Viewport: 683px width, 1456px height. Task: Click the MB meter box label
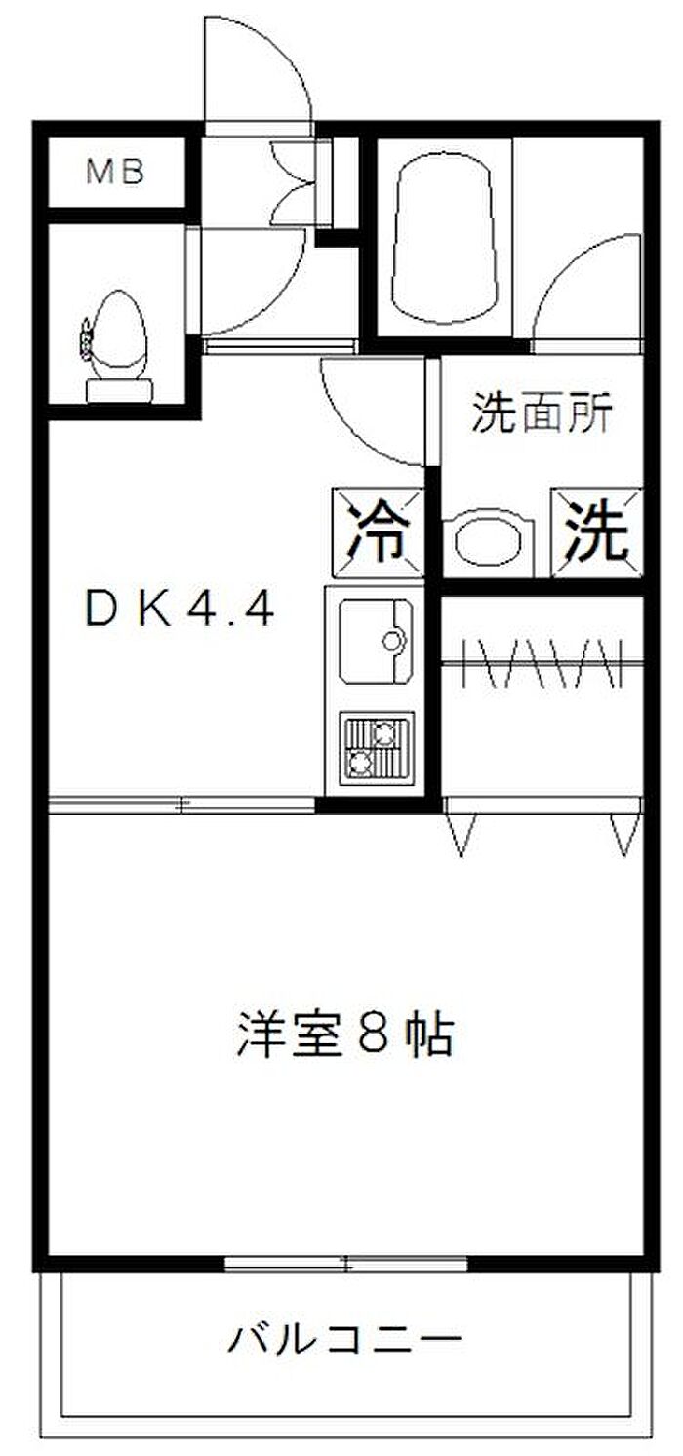click(x=115, y=174)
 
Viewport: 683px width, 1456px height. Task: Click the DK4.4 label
click(x=181, y=611)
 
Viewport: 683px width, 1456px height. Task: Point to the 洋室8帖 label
click(x=343, y=1036)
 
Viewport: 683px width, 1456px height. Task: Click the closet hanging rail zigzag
click(x=542, y=663)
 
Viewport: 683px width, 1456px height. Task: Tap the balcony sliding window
click(x=346, y=1265)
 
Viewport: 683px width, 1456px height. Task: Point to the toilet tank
click(x=119, y=391)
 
